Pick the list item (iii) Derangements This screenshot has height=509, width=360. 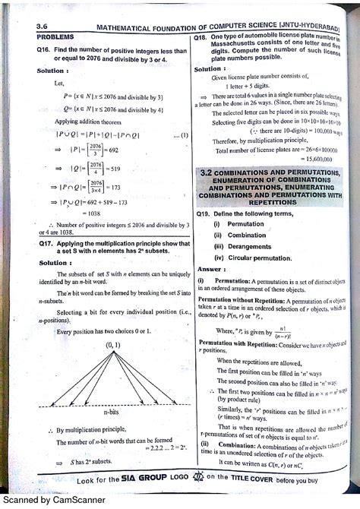[x=242, y=246]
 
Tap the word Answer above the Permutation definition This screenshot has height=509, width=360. [x=211, y=268]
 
